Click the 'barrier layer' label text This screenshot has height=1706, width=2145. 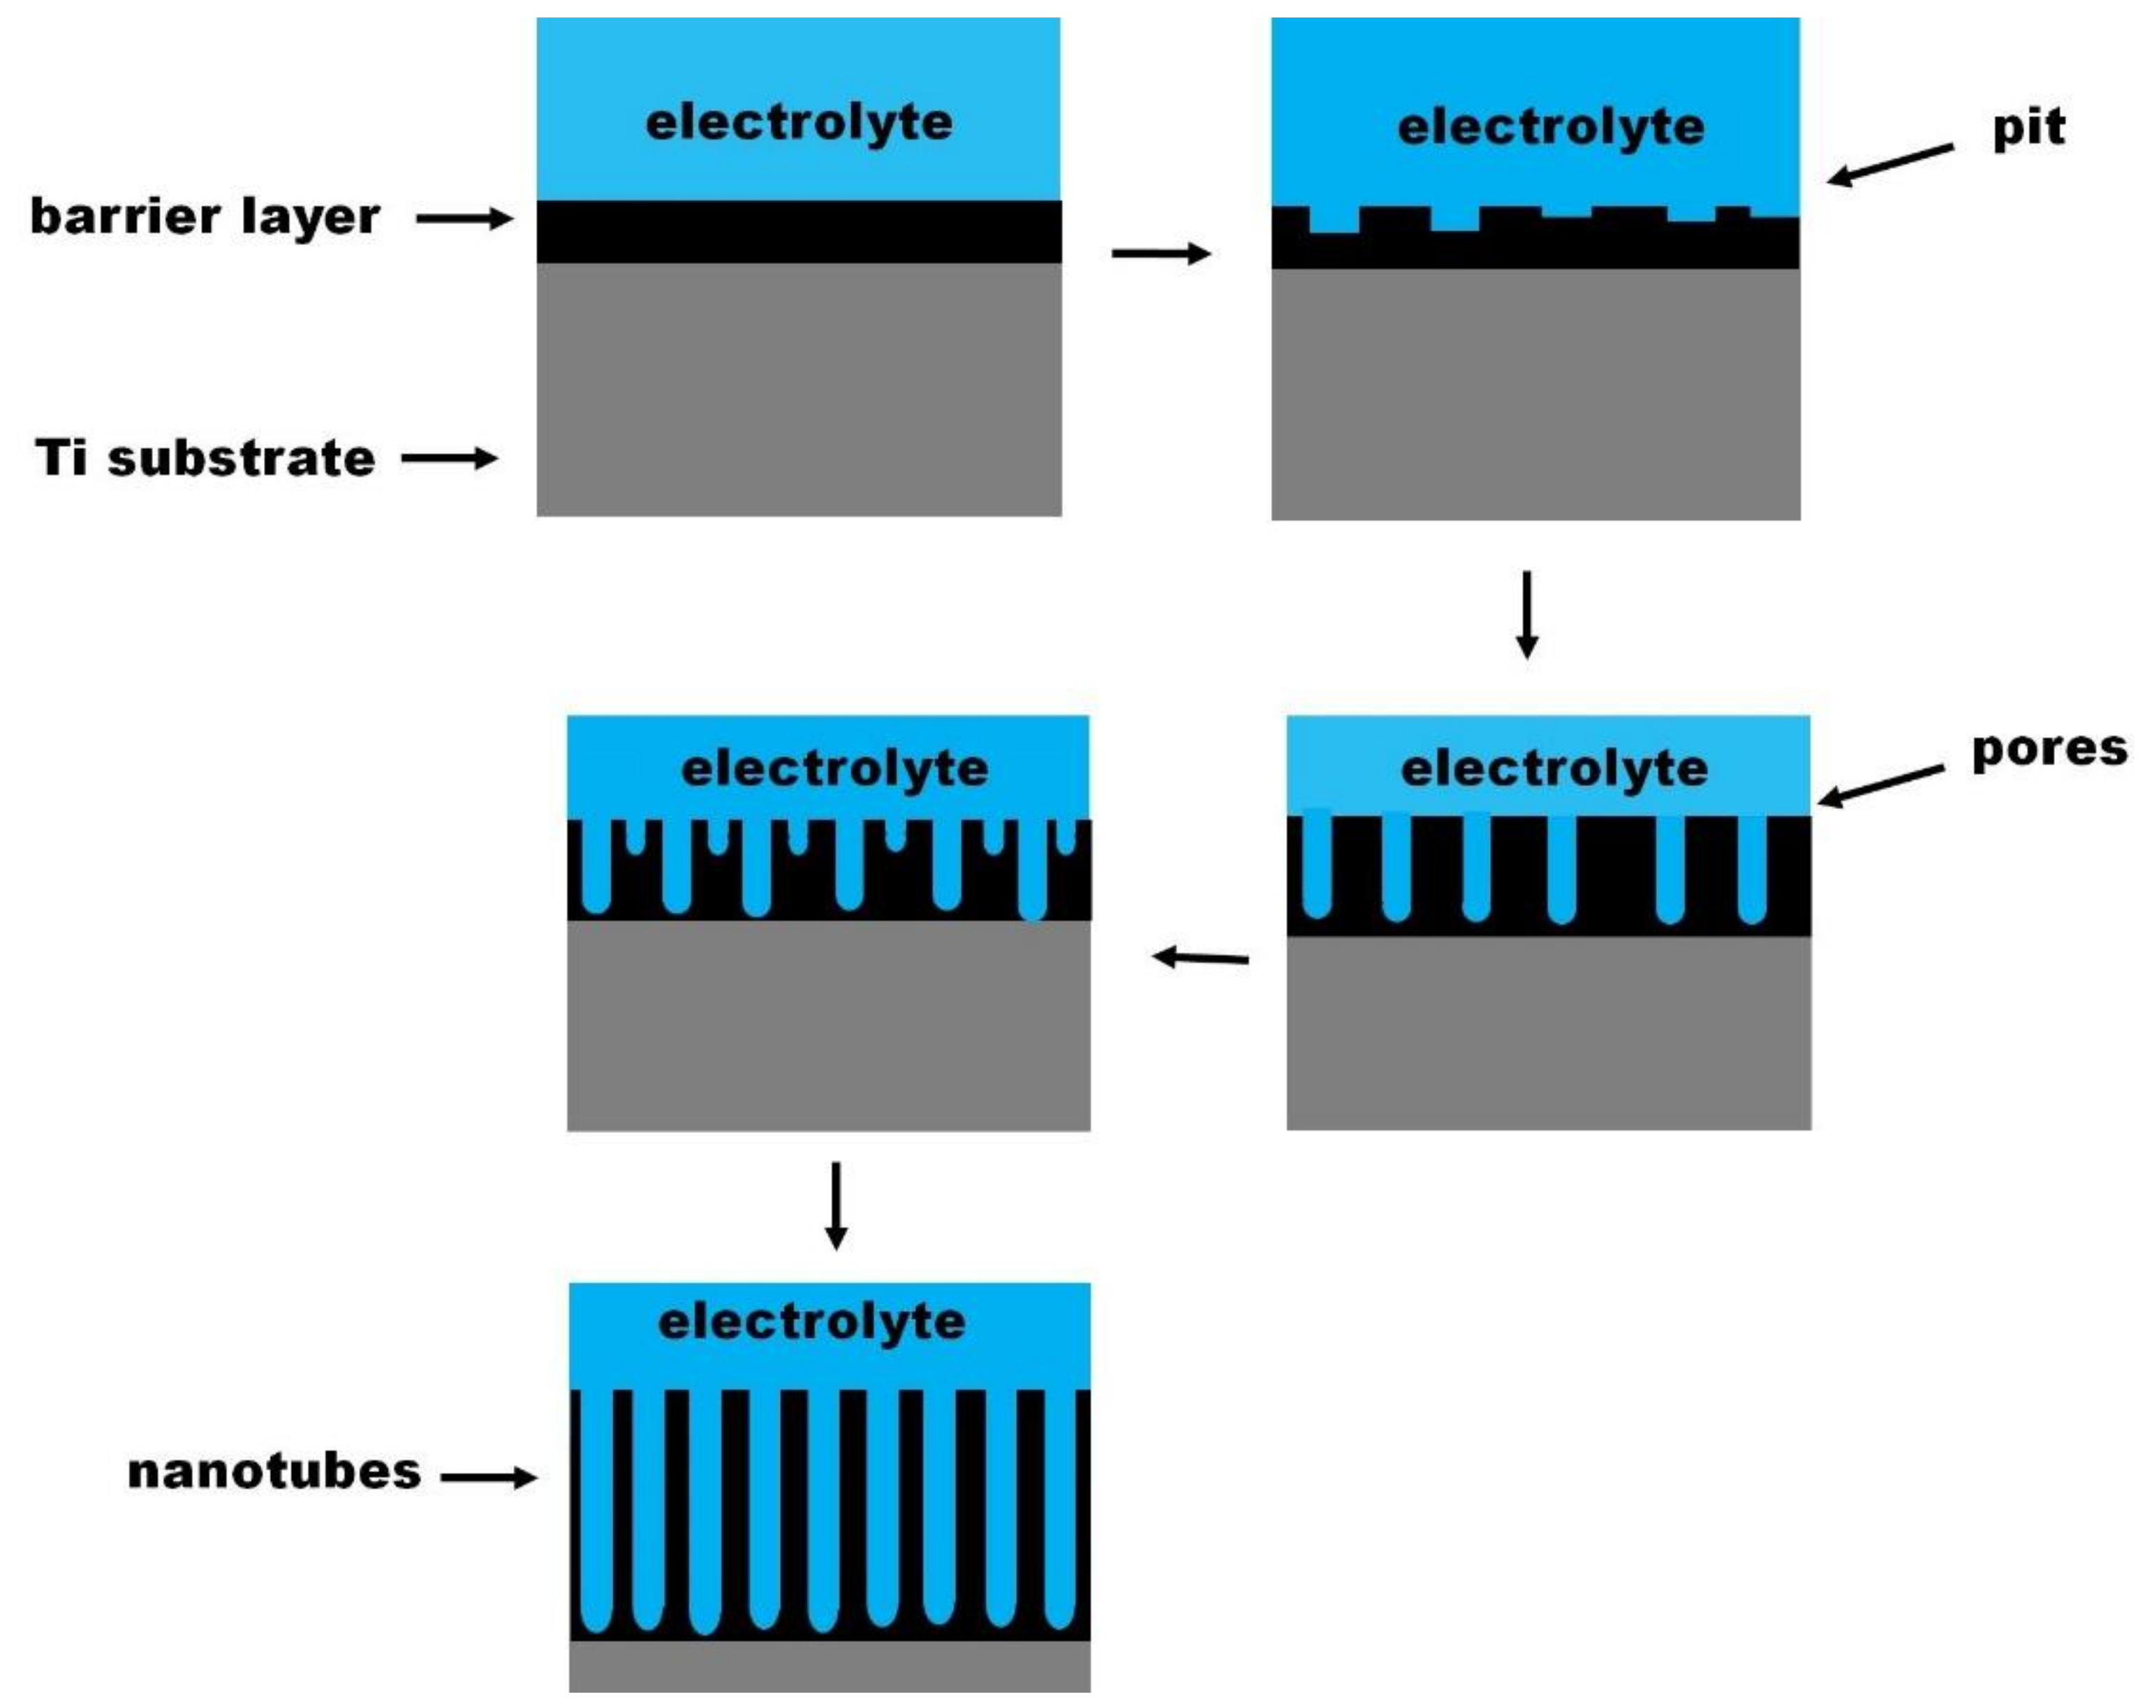point(205,217)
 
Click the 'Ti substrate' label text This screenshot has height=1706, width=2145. point(205,459)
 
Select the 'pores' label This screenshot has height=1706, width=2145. point(2049,750)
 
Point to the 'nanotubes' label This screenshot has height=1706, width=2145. point(274,1472)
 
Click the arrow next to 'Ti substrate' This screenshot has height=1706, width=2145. point(450,459)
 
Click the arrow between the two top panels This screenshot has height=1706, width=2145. point(1160,253)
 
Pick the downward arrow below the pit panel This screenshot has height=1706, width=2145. point(1527,614)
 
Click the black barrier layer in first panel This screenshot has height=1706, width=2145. point(799,232)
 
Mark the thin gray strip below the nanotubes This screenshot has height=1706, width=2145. point(830,1667)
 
